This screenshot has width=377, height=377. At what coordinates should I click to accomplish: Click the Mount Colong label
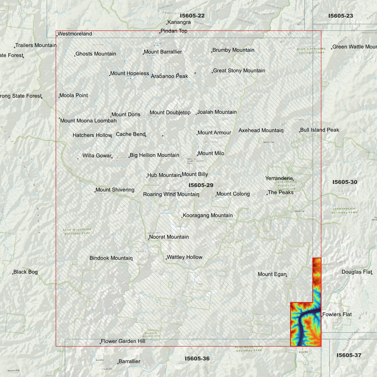[233, 194]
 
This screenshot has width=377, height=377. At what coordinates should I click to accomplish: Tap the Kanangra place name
[179, 22]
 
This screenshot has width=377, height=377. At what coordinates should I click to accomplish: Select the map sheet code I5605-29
[201, 185]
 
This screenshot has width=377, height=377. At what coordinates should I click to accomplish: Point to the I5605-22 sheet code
[192, 16]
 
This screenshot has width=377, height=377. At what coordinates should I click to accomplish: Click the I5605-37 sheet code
[349, 355]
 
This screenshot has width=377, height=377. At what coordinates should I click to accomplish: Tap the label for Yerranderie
[279, 178]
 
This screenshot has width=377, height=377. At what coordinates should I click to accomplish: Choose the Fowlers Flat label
[337, 314]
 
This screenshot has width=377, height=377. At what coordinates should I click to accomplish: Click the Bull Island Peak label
[320, 130]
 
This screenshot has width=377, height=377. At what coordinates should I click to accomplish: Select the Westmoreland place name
[75, 34]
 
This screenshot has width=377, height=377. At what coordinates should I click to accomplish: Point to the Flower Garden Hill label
[123, 341]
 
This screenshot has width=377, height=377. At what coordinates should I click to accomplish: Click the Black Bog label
[26, 272]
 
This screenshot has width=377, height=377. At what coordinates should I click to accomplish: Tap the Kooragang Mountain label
[208, 215]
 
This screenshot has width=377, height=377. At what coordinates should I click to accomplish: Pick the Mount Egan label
[272, 274]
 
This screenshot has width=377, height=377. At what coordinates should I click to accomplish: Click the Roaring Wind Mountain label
[171, 194]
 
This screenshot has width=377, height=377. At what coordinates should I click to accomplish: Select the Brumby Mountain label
[233, 50]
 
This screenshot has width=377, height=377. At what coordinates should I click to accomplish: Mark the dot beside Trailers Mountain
[15, 47]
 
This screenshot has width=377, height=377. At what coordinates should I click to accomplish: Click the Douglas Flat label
[357, 272]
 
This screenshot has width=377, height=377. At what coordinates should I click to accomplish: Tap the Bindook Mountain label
[111, 258]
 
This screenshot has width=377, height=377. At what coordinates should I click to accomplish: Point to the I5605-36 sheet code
[197, 358]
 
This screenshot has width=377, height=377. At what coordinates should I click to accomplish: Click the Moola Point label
[74, 95]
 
